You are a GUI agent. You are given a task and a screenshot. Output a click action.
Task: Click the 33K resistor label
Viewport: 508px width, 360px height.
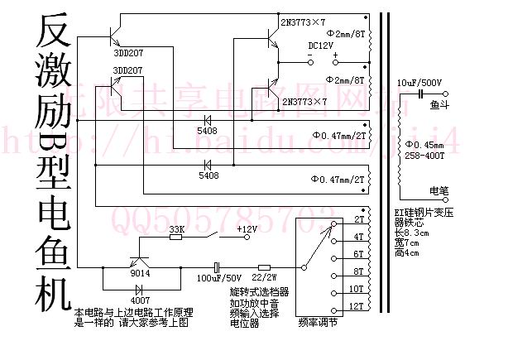pyautogui.click(x=176, y=228)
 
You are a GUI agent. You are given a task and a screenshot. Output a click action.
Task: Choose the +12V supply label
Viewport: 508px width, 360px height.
pyautogui.click(x=247, y=228)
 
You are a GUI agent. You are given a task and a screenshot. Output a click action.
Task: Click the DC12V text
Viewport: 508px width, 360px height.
pyautogui.click(x=321, y=46)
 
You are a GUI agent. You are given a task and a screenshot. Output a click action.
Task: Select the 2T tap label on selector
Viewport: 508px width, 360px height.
pyautogui.click(x=360, y=220)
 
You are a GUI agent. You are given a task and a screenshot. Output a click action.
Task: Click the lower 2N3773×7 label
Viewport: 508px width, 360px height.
pyautogui.click(x=304, y=101)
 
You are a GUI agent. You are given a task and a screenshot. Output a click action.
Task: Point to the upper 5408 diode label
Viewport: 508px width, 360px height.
pyautogui.click(x=208, y=131)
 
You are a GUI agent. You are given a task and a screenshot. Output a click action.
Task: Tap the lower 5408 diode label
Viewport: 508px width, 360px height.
pyautogui.click(x=208, y=175)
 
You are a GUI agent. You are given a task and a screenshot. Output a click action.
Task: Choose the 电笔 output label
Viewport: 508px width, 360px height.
pyautogui.click(x=439, y=191)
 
